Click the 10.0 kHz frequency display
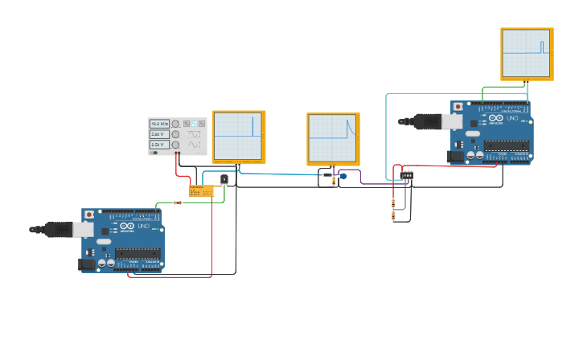pyautogui.click(x=158, y=124)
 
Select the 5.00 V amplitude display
pyautogui.click(x=158, y=134)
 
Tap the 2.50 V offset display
pyautogui.click(x=158, y=145)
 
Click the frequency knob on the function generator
pyautogui.click(x=175, y=124)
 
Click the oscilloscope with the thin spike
pyautogui.click(x=239, y=137)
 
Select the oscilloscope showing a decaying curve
pyautogui.click(x=333, y=138)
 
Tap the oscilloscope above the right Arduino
pyautogui.click(x=527, y=54)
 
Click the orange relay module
pyautogui.click(x=201, y=190)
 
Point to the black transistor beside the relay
pyautogui.click(x=224, y=180)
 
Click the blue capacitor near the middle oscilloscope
pyautogui.click(x=343, y=176)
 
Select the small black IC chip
pyautogui.click(x=407, y=175)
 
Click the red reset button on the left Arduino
pyautogui.click(x=88, y=215)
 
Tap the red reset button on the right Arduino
pyautogui.click(x=458, y=106)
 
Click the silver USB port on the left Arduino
pyautogui.click(x=83, y=230)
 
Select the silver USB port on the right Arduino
pyautogui.click(x=452, y=121)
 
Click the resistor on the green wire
pyautogui.click(x=178, y=202)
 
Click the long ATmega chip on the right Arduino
pyautogui.click(x=506, y=145)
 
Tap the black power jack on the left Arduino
pyautogui.click(x=85, y=264)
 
